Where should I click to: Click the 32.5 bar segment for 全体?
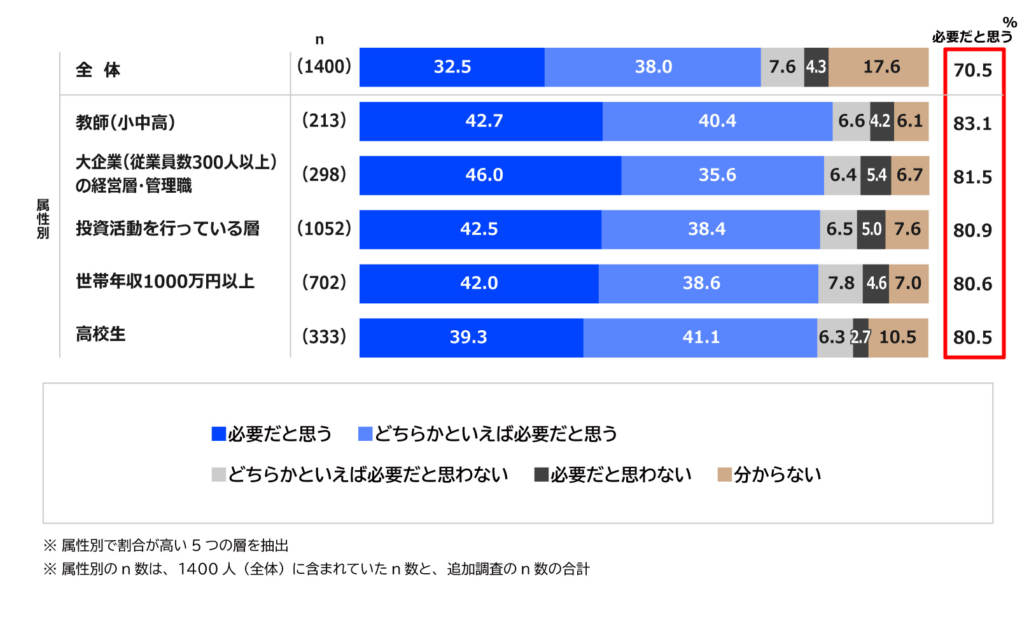click(x=452, y=67)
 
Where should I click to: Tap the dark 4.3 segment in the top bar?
click(x=816, y=67)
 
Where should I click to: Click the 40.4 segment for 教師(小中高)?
click(x=717, y=121)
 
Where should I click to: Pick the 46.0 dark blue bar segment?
click(x=484, y=175)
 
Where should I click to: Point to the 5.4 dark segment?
click(x=876, y=175)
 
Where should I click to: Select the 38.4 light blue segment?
click(x=706, y=229)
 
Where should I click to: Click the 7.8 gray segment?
click(x=841, y=283)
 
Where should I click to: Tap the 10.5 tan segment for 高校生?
click(x=897, y=337)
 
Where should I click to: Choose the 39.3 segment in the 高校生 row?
click(x=468, y=337)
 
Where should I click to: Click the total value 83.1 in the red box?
click(x=972, y=123)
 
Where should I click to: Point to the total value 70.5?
click(x=972, y=70)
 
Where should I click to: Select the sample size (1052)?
click(x=324, y=228)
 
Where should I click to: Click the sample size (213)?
click(x=324, y=120)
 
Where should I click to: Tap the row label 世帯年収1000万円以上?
click(x=165, y=281)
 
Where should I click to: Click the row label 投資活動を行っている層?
click(x=167, y=228)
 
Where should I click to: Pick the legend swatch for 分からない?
click(x=724, y=475)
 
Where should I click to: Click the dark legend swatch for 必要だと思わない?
click(x=542, y=475)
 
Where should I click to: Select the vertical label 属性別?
click(x=43, y=219)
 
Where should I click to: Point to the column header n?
click(x=319, y=39)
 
